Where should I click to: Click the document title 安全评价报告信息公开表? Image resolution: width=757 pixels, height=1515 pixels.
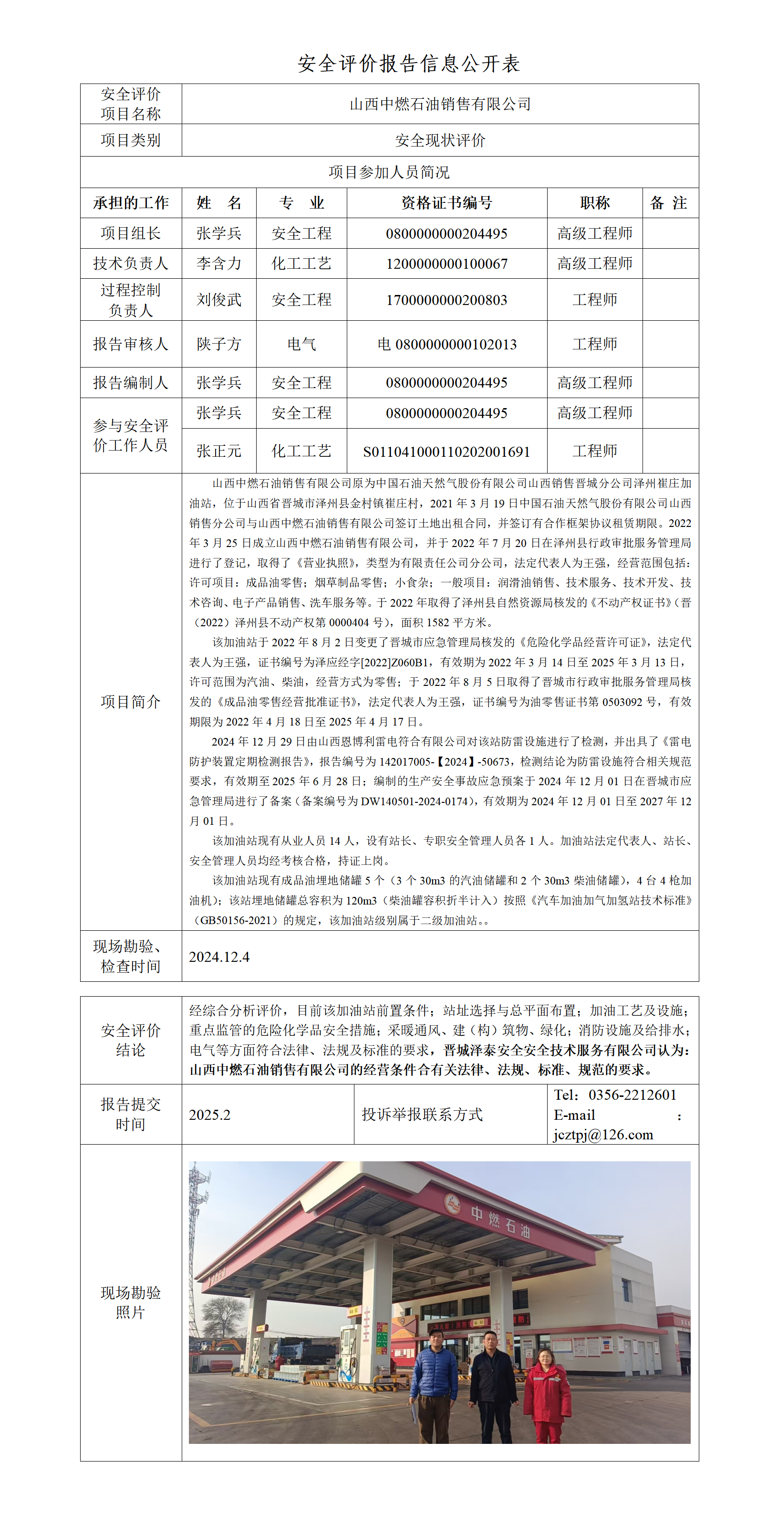click(x=408, y=63)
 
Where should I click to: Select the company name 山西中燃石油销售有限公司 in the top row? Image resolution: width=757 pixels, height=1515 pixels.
click(x=440, y=104)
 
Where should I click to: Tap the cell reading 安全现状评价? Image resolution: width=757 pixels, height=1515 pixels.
click(x=440, y=140)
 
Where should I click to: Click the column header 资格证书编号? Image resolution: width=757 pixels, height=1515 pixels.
click(x=446, y=203)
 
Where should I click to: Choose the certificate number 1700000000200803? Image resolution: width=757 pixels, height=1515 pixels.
click(x=446, y=300)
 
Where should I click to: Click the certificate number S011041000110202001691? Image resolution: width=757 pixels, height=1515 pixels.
click(x=446, y=452)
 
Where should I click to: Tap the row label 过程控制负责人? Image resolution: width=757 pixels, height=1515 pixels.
click(x=131, y=300)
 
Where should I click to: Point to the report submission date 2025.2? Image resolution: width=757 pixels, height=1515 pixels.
click(x=210, y=1115)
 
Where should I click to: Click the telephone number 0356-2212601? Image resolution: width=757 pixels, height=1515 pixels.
click(x=633, y=1094)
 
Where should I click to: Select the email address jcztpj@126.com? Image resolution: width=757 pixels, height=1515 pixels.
click(x=603, y=1135)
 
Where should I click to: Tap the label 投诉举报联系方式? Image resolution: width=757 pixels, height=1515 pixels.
click(x=422, y=1115)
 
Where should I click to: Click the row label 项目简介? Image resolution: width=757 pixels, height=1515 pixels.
click(x=131, y=702)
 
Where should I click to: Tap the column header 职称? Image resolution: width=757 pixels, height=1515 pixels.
click(x=595, y=203)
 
